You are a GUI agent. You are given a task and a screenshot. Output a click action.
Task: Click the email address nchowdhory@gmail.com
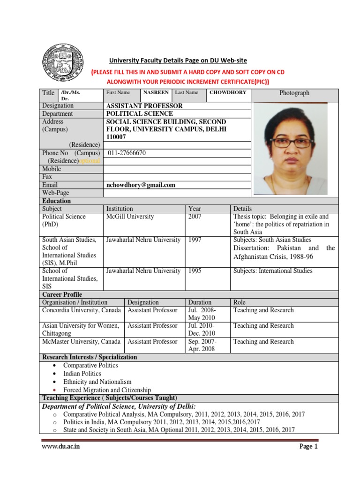click(141, 185)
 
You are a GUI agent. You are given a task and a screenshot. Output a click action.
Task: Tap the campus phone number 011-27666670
click(127, 153)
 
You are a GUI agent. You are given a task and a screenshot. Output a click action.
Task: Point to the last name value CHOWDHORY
click(228, 93)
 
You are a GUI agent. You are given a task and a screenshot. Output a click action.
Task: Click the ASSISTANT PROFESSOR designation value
click(145, 106)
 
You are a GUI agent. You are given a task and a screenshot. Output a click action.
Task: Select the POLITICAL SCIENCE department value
click(140, 114)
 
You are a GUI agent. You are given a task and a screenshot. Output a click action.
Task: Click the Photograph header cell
click(294, 93)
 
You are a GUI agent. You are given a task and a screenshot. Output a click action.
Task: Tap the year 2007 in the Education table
click(195, 217)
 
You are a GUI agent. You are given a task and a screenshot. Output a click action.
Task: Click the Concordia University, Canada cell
click(82, 310)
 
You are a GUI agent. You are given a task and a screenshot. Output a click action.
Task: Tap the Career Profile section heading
click(63, 295)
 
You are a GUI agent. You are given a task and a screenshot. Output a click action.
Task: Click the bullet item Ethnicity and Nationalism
click(97, 382)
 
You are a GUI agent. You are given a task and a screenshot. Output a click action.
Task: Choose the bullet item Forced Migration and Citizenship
click(107, 390)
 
